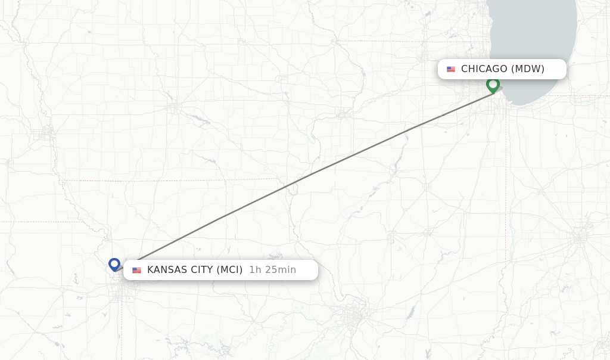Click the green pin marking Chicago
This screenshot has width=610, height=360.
(x=493, y=85)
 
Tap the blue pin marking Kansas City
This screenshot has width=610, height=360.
(x=114, y=263)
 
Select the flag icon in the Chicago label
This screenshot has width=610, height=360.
(x=451, y=69)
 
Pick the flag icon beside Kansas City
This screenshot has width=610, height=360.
(x=137, y=270)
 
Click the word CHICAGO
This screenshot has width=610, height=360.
(x=484, y=69)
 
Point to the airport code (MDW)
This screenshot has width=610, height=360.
(x=528, y=69)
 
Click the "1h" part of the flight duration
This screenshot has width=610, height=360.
(x=255, y=270)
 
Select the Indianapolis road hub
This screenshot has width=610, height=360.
(x=579, y=237)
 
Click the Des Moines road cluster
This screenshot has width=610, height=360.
(x=173, y=108)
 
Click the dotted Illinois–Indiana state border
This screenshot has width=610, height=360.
(x=506, y=179)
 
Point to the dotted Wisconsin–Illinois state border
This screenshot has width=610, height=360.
(x=411, y=41)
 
